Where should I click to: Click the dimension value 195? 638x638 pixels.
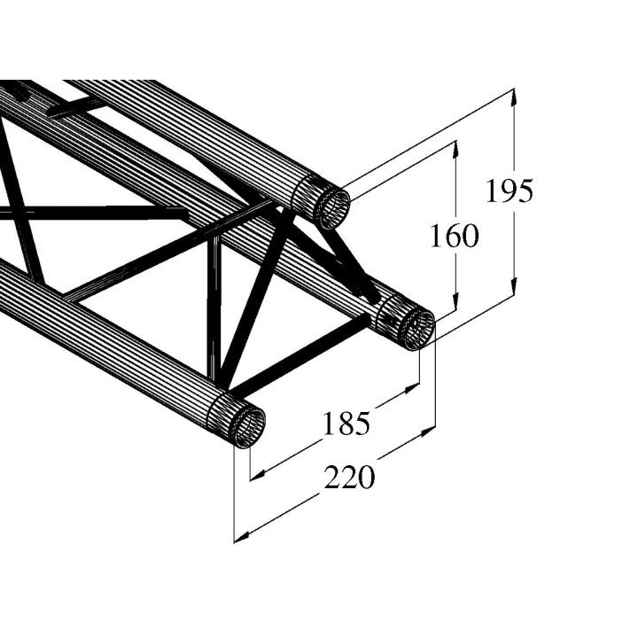coord(509,191)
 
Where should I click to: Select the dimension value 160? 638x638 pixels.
coord(454,236)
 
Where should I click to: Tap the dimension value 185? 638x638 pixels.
coord(345,424)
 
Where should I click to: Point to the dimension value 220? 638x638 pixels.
coord(349,478)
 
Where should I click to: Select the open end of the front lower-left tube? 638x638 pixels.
coord(249,428)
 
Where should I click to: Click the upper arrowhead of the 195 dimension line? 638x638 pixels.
coord(515,97)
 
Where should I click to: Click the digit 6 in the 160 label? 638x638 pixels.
coord(453,236)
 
